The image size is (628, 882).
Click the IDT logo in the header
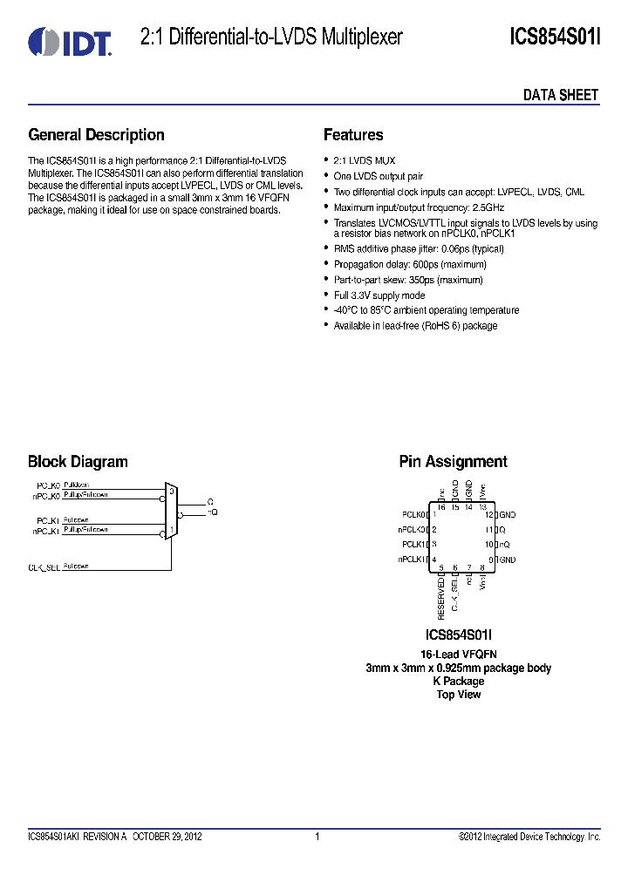70,40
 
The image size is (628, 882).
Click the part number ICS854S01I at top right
555,37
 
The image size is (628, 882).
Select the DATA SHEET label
561,95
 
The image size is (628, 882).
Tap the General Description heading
96,135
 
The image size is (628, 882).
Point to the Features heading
353,135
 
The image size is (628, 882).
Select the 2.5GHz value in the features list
488,207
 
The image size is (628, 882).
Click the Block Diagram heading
78,462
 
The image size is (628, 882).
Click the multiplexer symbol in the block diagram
172,512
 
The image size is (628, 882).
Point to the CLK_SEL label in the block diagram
44,567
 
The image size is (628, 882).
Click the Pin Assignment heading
453,462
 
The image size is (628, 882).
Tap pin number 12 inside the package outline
489,515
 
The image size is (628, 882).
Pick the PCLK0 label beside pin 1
413,515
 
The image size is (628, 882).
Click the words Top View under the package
459,695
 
